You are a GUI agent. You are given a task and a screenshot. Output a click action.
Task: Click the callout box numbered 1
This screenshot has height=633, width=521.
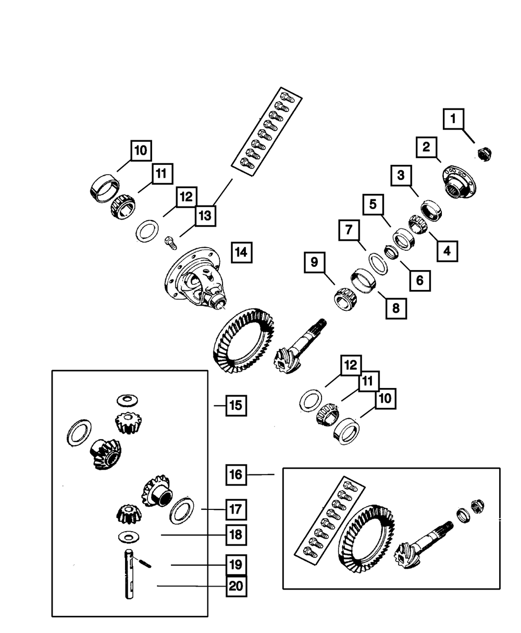pyautogui.click(x=453, y=118)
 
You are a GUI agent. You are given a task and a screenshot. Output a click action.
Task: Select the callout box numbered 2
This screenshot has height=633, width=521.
pyautogui.click(x=426, y=147)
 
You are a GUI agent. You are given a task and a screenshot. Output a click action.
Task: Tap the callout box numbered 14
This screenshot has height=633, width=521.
pyautogui.click(x=240, y=252)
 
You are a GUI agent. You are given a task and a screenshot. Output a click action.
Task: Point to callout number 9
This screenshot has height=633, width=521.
pyautogui.click(x=314, y=263)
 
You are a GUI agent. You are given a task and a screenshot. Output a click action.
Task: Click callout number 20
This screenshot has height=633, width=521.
pyautogui.click(x=236, y=587)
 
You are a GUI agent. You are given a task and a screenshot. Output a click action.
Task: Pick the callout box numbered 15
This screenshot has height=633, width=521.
pyautogui.click(x=236, y=405)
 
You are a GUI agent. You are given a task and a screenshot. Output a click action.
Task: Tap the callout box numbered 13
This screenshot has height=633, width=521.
pyautogui.click(x=205, y=216)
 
